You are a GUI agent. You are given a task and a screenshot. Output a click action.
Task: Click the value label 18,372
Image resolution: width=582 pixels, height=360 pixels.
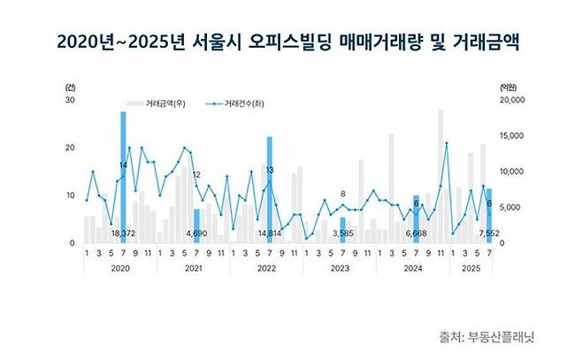pos(121,234)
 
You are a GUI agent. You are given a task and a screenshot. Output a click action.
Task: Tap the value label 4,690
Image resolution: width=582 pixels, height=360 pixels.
pos(196,234)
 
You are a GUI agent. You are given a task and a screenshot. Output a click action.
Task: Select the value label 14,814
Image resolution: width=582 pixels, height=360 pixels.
pos(269,234)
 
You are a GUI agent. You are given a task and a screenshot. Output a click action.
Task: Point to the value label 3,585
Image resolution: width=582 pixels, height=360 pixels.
pos(343,234)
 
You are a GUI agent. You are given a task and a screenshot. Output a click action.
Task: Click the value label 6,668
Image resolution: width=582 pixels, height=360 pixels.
pos(416,234)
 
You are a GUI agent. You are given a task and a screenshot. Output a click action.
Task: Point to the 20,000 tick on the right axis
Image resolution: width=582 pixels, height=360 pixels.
pos(513,101)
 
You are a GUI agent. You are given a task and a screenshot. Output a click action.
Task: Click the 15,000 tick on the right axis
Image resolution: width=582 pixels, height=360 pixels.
pos(513,136)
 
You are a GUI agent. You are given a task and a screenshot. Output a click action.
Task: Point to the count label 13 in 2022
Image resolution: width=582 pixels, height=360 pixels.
pos(269,169)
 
